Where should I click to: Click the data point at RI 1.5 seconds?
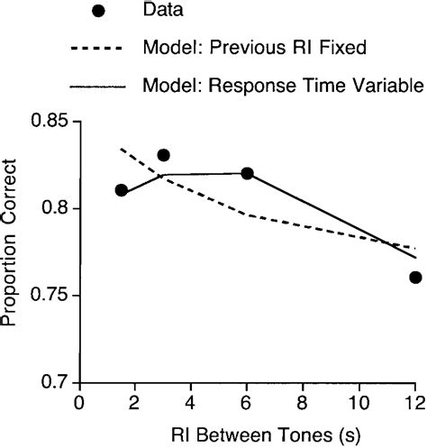click(x=122, y=191)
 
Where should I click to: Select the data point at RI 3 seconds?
click(x=163, y=155)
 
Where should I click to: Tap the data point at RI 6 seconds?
click(x=247, y=173)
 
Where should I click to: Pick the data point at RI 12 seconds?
click(x=414, y=278)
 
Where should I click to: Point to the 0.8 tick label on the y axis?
click(x=57, y=208)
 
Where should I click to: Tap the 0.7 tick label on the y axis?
click(x=57, y=382)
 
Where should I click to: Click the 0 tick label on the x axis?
click(x=80, y=402)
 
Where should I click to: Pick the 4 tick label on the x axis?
click(x=191, y=402)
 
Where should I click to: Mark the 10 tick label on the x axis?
click(x=359, y=402)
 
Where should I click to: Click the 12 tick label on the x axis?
click(x=413, y=402)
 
